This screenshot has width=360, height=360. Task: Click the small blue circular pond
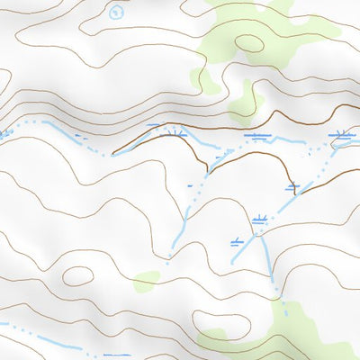[x=115, y=12]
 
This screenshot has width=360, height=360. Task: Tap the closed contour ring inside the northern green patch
[x=249, y=42]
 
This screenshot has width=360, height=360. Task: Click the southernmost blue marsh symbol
[x=237, y=240]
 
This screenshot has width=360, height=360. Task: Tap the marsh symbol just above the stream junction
[x=261, y=219]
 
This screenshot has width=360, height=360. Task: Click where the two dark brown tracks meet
[x=209, y=166]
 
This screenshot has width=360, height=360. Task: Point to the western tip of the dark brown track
[x=112, y=153]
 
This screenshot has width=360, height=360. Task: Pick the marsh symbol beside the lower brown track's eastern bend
[x=292, y=187]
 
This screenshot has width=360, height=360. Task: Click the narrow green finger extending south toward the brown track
[x=242, y=103]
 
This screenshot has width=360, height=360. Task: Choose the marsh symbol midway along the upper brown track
[x=259, y=137]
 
